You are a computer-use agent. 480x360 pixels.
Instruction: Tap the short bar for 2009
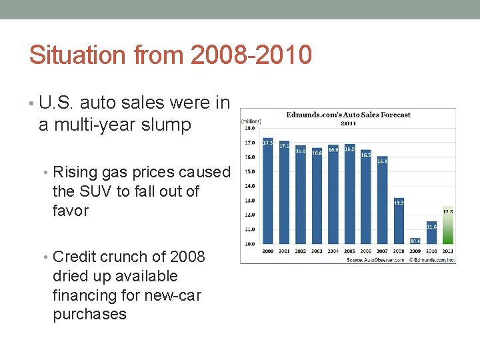[415, 241]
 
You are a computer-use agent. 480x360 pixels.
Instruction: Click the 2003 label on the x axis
[317, 251]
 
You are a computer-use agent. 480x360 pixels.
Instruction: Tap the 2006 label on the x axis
[366, 251]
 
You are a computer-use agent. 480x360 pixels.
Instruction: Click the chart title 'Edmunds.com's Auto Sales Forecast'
[348, 114]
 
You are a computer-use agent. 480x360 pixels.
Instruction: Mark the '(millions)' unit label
[251, 121]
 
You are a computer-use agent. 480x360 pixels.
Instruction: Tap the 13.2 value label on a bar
[399, 202]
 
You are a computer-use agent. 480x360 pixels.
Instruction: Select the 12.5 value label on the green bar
[448, 211]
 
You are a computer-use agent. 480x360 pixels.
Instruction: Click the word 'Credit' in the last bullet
[75, 257]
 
